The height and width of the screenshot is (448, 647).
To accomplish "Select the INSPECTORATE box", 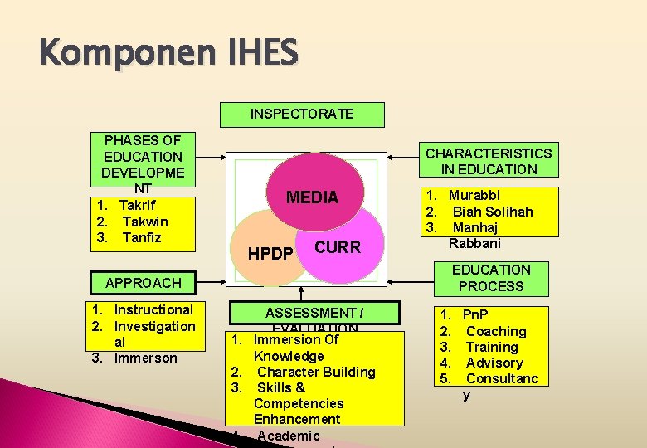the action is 302,114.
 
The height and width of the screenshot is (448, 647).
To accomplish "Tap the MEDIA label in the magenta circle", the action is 312,197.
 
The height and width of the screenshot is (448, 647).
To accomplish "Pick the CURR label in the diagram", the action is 338,247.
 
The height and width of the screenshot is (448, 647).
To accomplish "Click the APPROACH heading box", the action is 143,282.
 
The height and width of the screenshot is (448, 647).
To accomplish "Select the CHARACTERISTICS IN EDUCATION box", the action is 489,161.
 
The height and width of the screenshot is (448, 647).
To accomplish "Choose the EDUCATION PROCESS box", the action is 491,278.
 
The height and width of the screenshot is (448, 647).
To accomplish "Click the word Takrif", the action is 137,205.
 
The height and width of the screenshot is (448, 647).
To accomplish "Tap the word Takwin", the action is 144,222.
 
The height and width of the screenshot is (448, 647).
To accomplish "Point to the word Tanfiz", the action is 142,237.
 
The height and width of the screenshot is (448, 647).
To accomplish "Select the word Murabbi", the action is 474,196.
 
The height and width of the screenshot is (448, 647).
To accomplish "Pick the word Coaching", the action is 496,331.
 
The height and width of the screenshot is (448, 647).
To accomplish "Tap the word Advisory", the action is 494,363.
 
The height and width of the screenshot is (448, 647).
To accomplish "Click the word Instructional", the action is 153,309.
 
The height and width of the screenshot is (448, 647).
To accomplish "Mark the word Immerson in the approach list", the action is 146,358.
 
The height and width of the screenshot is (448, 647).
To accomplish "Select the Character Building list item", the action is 316,372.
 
